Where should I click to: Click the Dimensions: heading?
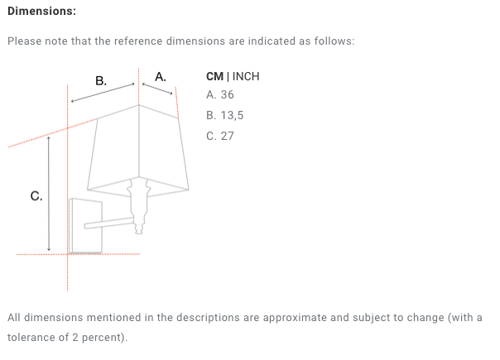click(x=41, y=11)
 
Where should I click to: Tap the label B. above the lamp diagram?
click(x=101, y=80)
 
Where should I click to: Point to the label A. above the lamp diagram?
click(x=161, y=77)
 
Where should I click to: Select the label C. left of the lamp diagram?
click(x=36, y=196)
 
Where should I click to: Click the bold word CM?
click(x=215, y=76)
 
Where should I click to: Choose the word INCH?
click(x=246, y=76)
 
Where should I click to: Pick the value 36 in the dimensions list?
click(x=228, y=94)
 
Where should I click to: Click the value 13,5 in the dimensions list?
click(x=232, y=115)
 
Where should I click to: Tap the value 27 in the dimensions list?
click(x=228, y=137)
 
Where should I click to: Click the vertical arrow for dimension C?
click(x=49, y=194)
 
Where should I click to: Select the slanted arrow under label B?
click(x=103, y=93)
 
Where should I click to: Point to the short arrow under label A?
click(x=157, y=89)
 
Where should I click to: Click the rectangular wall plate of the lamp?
click(x=85, y=226)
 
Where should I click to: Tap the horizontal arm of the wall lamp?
click(x=109, y=223)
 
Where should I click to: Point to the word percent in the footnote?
click(x=103, y=338)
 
